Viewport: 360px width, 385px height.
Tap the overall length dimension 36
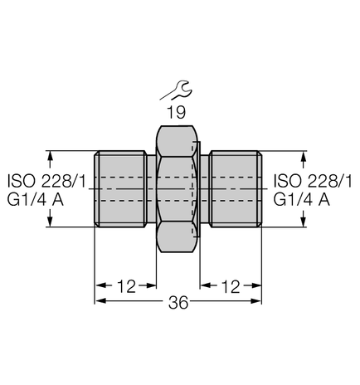pos(178,303)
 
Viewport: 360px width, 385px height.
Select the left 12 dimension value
pos(126,286)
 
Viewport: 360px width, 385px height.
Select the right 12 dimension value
pos(231,286)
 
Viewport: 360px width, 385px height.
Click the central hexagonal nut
pos(178,189)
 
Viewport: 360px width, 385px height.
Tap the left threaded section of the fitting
pos(123,189)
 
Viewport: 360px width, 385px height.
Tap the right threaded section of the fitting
pos(235,189)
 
